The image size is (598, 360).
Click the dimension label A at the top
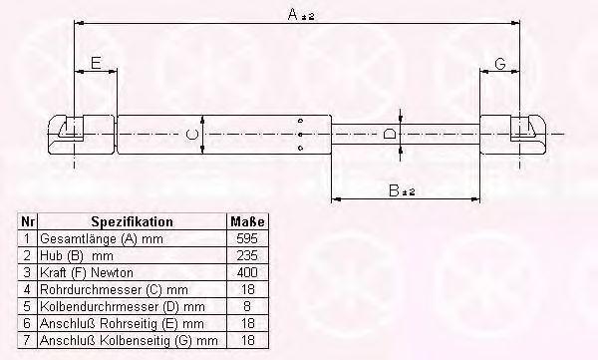pyautogui.click(x=301, y=15)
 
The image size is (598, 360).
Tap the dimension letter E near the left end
pyautogui.click(x=96, y=63)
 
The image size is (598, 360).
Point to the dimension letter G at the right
pyautogui.click(x=499, y=64)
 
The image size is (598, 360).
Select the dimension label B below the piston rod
pyautogui.click(x=401, y=190)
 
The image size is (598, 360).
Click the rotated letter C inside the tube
pyautogui.click(x=191, y=135)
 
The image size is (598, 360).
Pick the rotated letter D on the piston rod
pyautogui.click(x=390, y=134)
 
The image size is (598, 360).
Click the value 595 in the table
pyautogui.click(x=247, y=238)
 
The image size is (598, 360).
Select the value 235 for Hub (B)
pyautogui.click(x=247, y=255)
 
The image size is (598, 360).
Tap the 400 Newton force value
pyautogui.click(x=247, y=272)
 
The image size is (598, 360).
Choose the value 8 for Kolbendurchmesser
pyautogui.click(x=247, y=306)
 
